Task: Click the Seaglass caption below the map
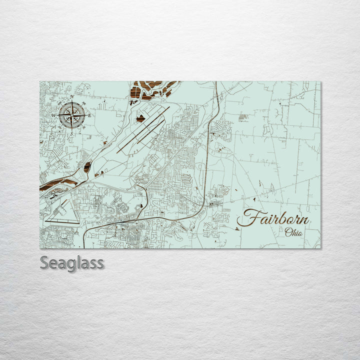click(x=72, y=262)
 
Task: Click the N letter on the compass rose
click(x=72, y=96)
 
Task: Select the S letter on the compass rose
click(x=71, y=133)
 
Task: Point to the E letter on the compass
click(x=89, y=115)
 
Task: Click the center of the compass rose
click(x=71, y=115)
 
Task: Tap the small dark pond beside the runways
click(x=141, y=118)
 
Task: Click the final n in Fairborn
click(x=304, y=220)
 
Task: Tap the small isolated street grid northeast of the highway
click(x=243, y=117)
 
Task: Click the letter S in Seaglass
click(x=44, y=262)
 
